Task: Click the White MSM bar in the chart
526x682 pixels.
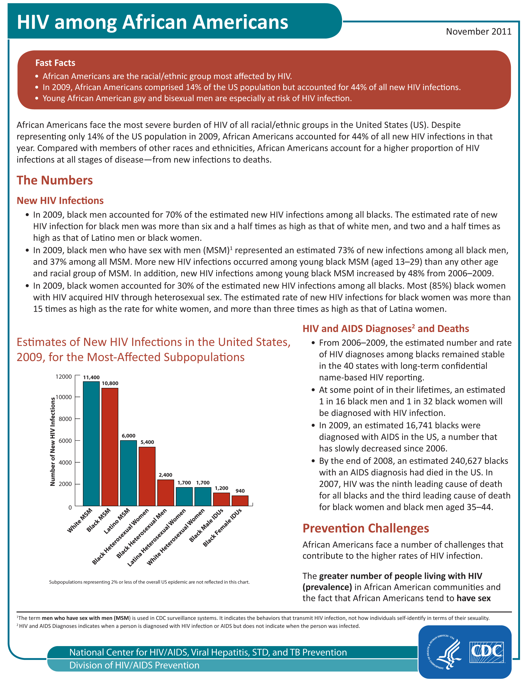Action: (91, 443)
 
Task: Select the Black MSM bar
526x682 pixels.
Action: (110, 447)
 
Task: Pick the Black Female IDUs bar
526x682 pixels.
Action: (240, 500)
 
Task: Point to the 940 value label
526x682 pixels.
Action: (240, 491)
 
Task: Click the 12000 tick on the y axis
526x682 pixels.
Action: (64, 377)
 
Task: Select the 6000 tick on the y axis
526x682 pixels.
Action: (65, 441)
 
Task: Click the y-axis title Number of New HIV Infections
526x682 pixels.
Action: (52, 441)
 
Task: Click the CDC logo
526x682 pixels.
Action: (486, 652)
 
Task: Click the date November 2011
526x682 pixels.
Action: (478, 32)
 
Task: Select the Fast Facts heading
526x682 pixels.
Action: (55, 63)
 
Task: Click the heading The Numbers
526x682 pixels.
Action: (55, 180)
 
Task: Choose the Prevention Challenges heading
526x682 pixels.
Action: (365, 528)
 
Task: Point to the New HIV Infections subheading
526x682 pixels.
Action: (60, 200)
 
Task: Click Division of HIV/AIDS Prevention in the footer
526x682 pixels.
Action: (134, 665)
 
